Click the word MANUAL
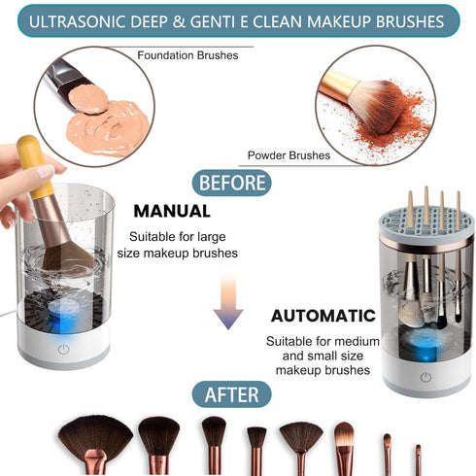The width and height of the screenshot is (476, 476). click(172, 210)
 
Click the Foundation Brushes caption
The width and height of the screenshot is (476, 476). click(187, 55)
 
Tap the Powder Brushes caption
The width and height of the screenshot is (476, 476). click(289, 154)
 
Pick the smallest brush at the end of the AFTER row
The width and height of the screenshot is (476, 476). click(419, 457)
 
